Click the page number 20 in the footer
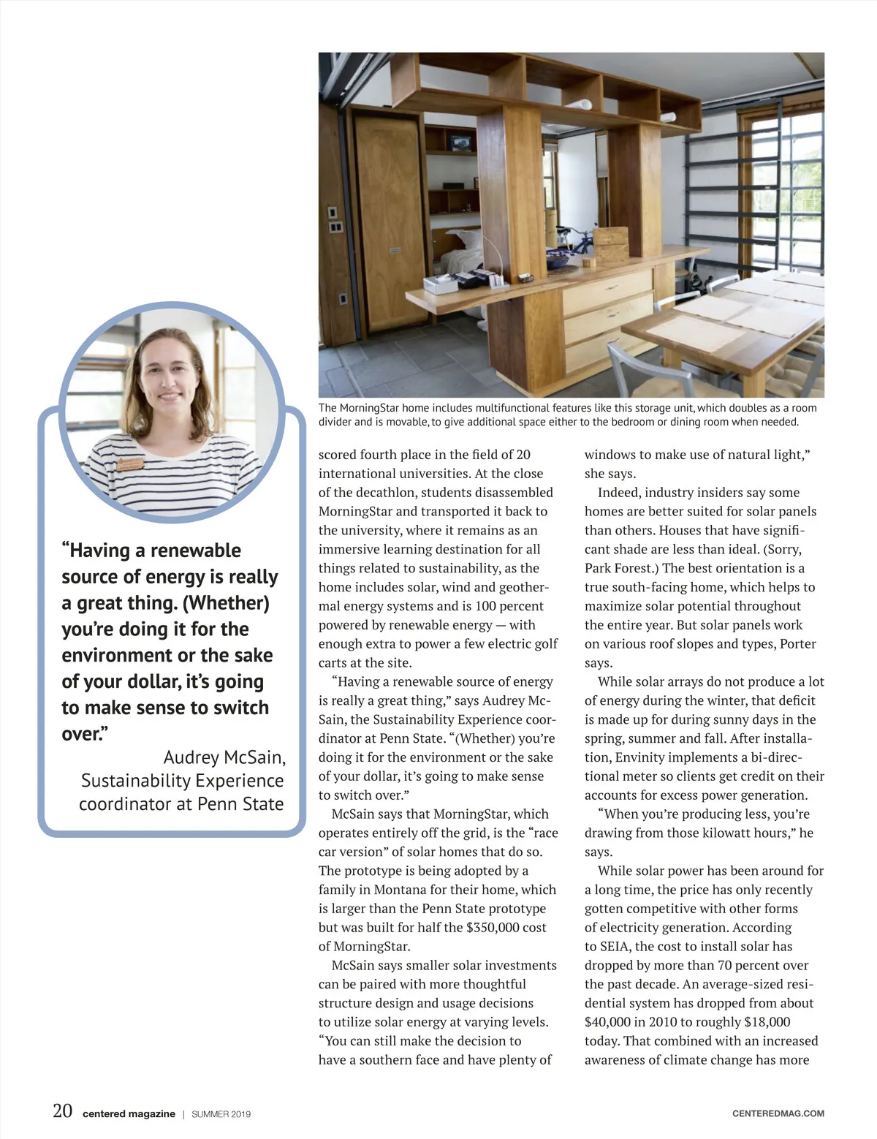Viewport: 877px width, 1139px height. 62,1111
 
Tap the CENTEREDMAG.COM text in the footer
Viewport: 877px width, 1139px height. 778,1113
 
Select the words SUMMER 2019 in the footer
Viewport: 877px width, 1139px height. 221,1114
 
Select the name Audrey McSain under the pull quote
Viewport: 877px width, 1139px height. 224,757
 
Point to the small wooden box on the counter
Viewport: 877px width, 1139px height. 610,241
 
